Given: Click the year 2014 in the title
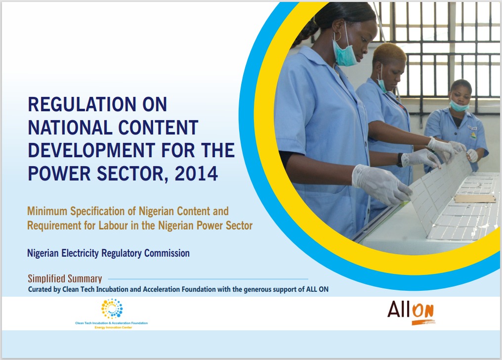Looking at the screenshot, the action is pyautogui.click(x=196, y=174).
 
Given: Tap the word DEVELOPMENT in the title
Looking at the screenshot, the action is pyautogui.click(x=91, y=150).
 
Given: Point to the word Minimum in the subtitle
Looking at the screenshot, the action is pyautogui.click(x=47, y=211).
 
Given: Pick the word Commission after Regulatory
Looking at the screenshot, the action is pyautogui.click(x=167, y=253).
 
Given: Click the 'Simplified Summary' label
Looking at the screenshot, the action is pyautogui.click(x=65, y=278).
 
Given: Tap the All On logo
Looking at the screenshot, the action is pyautogui.click(x=411, y=312).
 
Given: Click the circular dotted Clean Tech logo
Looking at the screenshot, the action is pyautogui.click(x=112, y=309).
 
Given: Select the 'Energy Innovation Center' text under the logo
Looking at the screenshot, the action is pyautogui.click(x=113, y=328).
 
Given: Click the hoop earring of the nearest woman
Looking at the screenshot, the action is pyautogui.click(x=337, y=36).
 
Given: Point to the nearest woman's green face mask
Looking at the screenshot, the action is pyautogui.click(x=344, y=54).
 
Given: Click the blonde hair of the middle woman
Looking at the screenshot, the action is pyautogui.click(x=389, y=52).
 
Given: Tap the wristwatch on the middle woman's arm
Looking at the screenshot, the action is pyautogui.click(x=400, y=160).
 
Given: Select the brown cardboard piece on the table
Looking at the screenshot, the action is pyautogui.click(x=475, y=198).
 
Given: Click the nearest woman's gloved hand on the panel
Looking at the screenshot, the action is pyautogui.click(x=381, y=184).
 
